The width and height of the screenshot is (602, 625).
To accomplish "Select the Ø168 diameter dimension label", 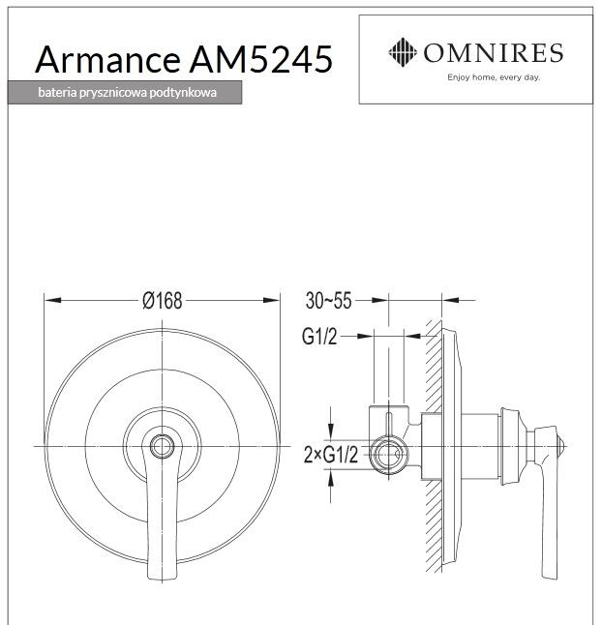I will click(x=162, y=301).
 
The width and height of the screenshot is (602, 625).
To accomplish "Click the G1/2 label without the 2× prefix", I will click(x=321, y=337).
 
